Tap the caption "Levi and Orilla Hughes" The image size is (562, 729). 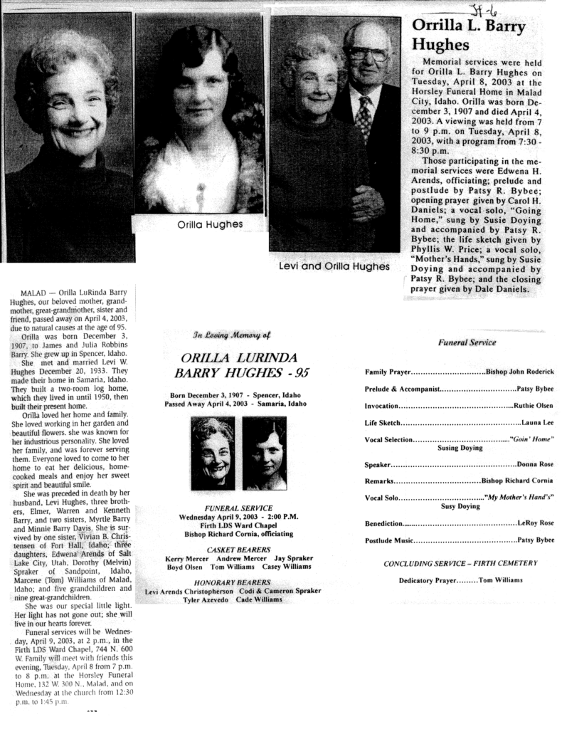[x=334, y=267]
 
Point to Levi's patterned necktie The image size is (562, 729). [x=364, y=117]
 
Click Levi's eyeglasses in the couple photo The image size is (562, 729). [x=367, y=54]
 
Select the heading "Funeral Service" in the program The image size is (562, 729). [x=467, y=342]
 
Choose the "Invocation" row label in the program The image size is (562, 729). [x=381, y=406]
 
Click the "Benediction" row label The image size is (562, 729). [x=383, y=523]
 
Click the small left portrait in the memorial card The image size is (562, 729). [x=213, y=453]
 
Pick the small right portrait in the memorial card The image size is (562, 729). [x=264, y=453]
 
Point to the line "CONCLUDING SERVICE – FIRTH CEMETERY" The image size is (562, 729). [x=460, y=563]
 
